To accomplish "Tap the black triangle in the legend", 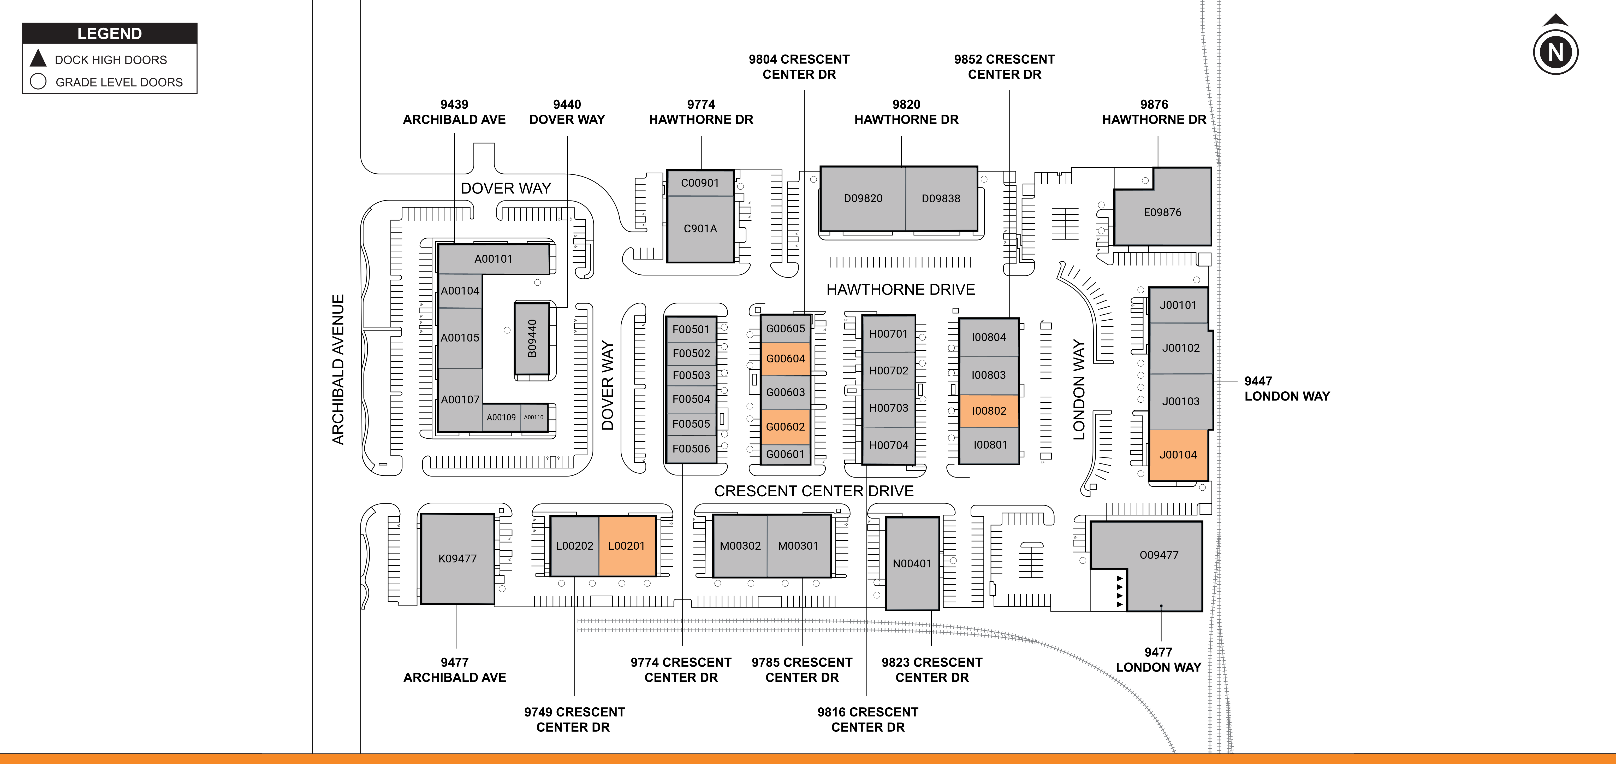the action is [38, 58].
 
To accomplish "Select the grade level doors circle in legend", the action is [38, 82].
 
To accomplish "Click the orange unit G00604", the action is [785, 359].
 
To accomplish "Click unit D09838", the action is [941, 198].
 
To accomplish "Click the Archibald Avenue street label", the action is [338, 370].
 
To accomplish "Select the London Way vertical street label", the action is [1078, 390].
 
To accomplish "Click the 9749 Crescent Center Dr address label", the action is [574, 719].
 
